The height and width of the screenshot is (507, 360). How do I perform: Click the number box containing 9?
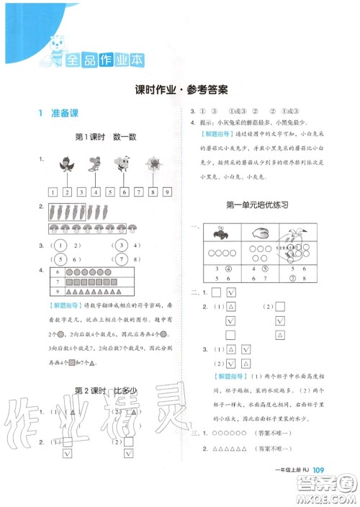click(166, 192)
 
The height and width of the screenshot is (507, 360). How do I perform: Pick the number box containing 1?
click(53, 192)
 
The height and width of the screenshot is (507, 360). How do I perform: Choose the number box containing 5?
click(109, 192)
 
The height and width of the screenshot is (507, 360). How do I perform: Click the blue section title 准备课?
click(57, 113)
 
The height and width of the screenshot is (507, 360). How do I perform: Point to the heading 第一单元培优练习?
click(257, 205)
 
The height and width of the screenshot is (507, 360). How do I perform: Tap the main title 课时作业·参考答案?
click(181, 90)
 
